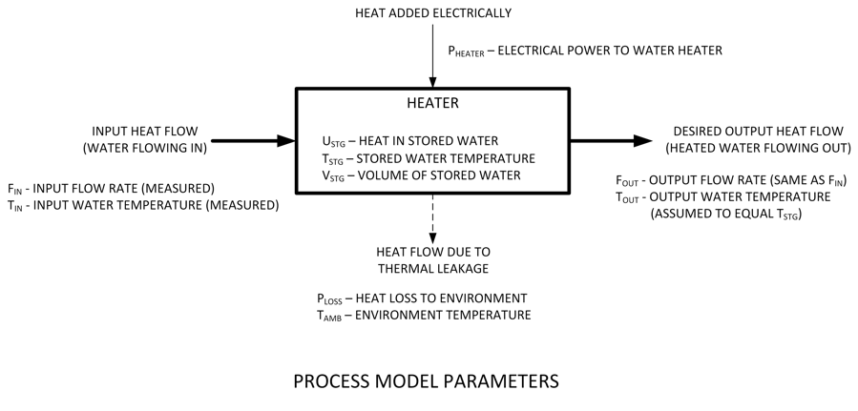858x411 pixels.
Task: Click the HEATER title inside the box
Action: click(x=431, y=103)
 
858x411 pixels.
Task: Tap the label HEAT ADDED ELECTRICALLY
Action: click(x=431, y=13)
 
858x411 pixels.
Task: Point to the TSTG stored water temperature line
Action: click(x=429, y=158)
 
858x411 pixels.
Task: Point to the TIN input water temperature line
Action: click(x=143, y=204)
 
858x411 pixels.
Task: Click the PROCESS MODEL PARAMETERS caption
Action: click(x=426, y=382)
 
